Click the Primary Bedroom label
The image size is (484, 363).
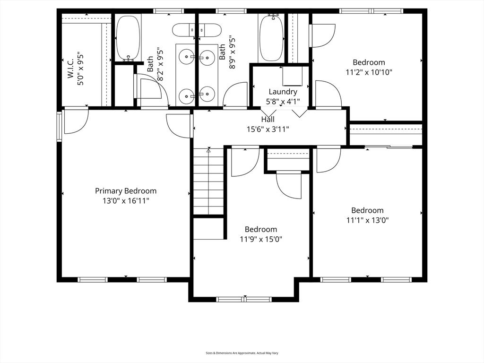click(126, 191)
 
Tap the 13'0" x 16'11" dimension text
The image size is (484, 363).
click(126, 201)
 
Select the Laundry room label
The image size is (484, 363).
click(283, 92)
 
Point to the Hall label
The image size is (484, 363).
click(268, 119)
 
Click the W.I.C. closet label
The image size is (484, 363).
click(71, 68)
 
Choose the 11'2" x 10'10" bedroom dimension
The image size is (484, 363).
click(369, 72)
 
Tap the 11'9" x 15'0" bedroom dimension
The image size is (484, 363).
click(261, 239)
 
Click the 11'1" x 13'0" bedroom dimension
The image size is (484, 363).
click(367, 220)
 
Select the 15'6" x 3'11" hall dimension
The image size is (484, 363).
click(268, 129)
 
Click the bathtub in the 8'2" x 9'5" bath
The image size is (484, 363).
click(128, 38)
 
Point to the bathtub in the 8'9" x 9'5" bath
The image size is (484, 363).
click(271, 38)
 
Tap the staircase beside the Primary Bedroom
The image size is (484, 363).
click(208, 181)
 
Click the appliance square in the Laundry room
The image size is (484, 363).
click(292, 76)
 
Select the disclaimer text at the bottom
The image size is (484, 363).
click(242, 353)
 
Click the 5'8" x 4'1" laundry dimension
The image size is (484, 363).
click(283, 102)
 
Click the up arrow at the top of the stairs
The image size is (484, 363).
click(208, 151)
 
